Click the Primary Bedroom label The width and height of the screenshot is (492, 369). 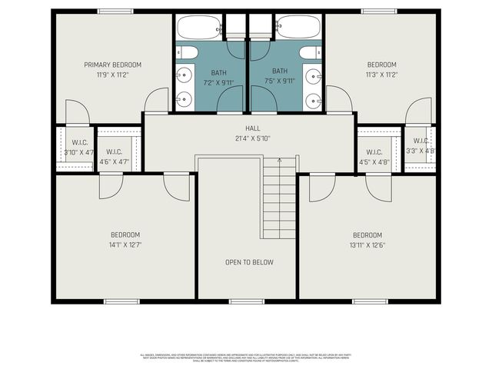coord(112,65)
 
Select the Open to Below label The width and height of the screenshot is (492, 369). coord(249,262)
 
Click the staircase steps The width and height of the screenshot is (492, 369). coord(279,200)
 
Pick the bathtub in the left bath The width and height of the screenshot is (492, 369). coord(199,28)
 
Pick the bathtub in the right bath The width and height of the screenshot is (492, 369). coord(298,28)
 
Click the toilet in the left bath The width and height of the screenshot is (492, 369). coord(187,52)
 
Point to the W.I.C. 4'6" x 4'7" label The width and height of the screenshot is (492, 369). coord(114,157)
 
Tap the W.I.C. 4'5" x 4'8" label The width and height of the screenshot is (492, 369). coord(374,157)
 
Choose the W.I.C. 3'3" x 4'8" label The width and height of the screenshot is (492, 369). coord(420,146)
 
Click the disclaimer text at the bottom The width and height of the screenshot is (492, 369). coord(246,357)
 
